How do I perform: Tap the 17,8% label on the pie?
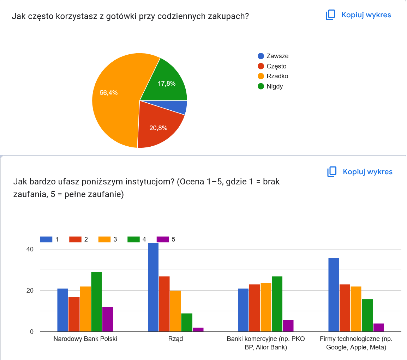click(166, 84)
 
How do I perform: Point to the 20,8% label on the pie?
click(158, 128)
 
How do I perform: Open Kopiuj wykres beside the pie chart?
click(359, 15)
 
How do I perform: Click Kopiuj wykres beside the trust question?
click(360, 172)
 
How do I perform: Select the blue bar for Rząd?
click(153, 287)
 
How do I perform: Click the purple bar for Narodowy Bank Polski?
click(108, 319)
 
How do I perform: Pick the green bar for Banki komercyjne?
click(277, 304)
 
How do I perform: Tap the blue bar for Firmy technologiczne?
click(334, 295)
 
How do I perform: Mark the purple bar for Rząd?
click(198, 330)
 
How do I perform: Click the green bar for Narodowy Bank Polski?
click(96, 302)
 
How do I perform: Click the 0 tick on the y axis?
click(31, 332)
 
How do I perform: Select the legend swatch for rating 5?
click(162, 239)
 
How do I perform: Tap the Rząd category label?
click(175, 339)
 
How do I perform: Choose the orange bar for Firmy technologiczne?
click(356, 309)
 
